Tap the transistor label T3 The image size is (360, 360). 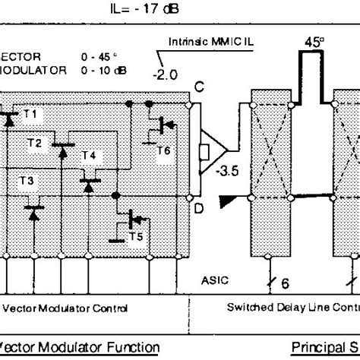coord(27,181)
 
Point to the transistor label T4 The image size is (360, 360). coord(89,155)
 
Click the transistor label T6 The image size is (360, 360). coord(163,150)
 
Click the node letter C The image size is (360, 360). coord(198,90)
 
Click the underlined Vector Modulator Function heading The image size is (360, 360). coord(80,349)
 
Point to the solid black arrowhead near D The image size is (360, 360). coord(227,201)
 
